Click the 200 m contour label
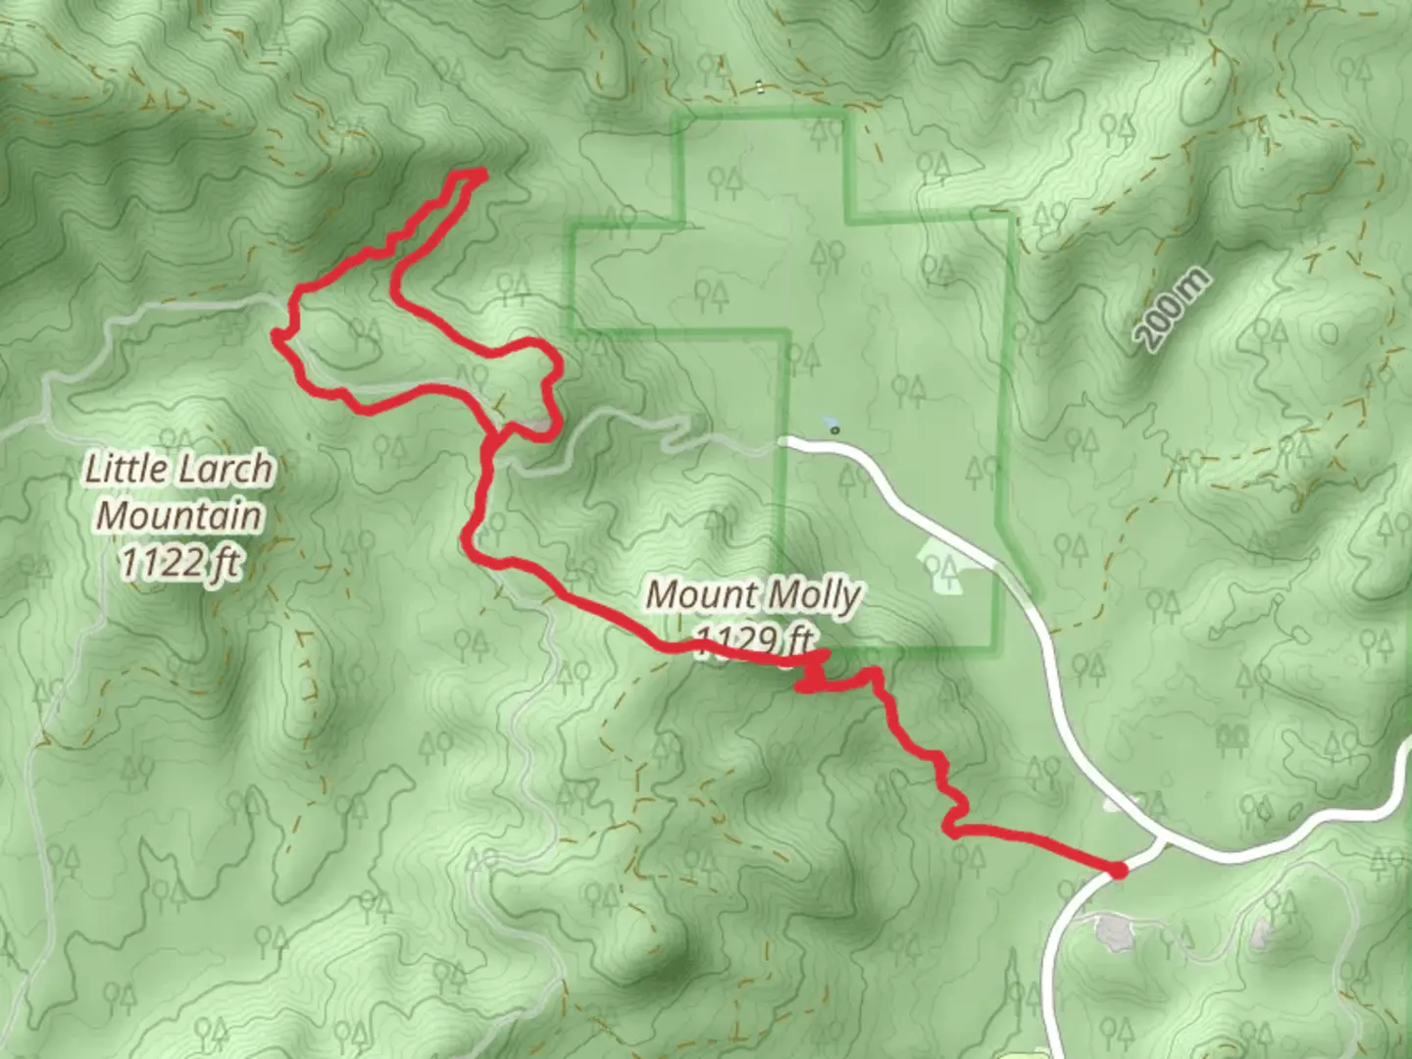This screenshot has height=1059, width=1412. tap(1174, 310)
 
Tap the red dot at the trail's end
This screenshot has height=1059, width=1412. tap(1117, 869)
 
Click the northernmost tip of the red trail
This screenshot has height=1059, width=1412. tap(480, 174)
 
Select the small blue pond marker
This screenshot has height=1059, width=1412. tap(832, 429)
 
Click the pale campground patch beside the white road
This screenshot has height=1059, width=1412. tap(940, 570)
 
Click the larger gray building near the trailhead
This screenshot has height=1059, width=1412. tap(1110, 932)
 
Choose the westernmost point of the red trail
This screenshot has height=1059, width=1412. tap(277, 336)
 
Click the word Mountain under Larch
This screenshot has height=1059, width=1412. tap(180, 516)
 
